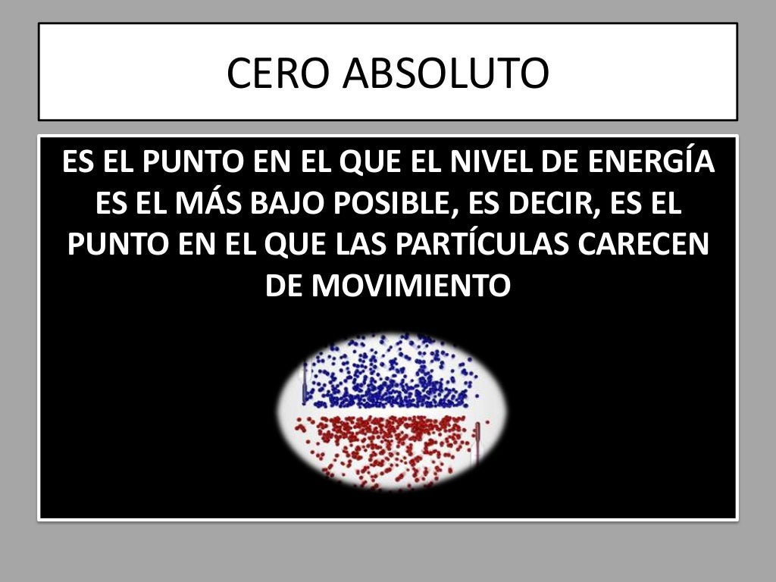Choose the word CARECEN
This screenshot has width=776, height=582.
click(646, 245)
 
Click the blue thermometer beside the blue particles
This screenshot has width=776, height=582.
click(305, 383)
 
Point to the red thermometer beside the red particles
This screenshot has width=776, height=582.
click(477, 443)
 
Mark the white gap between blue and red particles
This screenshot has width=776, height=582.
click(390, 411)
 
